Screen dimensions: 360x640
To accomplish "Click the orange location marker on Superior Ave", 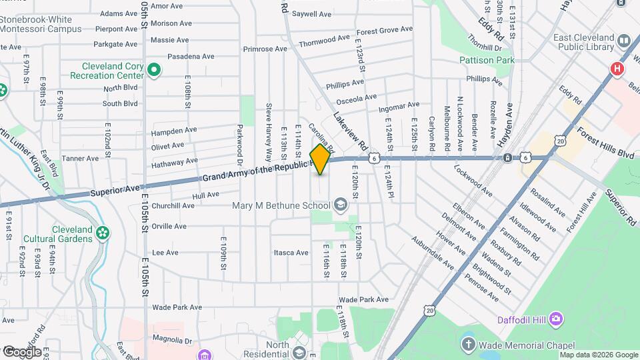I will (x=321, y=159).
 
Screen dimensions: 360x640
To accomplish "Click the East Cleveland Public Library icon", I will (x=625, y=41).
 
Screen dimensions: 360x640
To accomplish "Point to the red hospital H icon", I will (x=617, y=69).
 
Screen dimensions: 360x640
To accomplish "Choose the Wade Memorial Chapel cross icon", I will (x=469, y=345).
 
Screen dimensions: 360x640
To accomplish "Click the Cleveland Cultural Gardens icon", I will (x=102, y=233).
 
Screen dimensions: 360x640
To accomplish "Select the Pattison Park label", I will (x=487, y=60).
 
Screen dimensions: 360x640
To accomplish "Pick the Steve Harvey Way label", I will (x=269, y=132).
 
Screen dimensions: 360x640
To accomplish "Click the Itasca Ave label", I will (x=291, y=253).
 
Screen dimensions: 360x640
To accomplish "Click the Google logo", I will (x=21, y=351).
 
